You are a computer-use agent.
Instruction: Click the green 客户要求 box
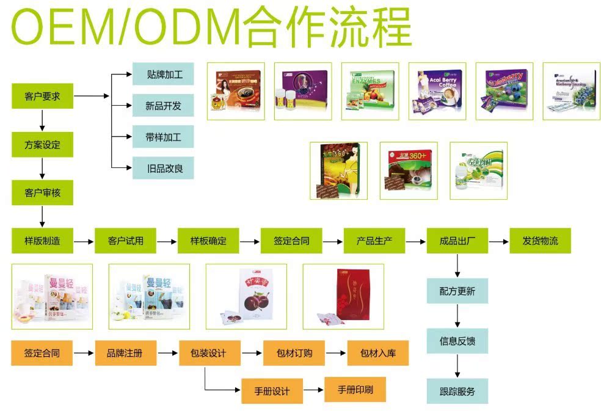coord(42,97)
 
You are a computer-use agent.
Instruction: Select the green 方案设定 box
coord(42,145)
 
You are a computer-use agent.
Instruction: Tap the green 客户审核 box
coord(42,192)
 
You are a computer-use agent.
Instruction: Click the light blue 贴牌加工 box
coord(163,75)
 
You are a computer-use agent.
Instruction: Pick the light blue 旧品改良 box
coord(163,167)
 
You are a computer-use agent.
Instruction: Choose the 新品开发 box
coord(163,106)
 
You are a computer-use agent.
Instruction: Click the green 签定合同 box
coord(291,241)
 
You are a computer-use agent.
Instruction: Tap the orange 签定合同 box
coord(42,353)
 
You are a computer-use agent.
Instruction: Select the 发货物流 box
coord(540,241)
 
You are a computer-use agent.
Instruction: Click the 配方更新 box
coord(457,291)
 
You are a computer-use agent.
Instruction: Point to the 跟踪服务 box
coord(457,390)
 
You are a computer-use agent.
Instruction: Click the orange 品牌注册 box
coord(126,353)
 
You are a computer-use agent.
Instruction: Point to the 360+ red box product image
coord(409,170)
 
